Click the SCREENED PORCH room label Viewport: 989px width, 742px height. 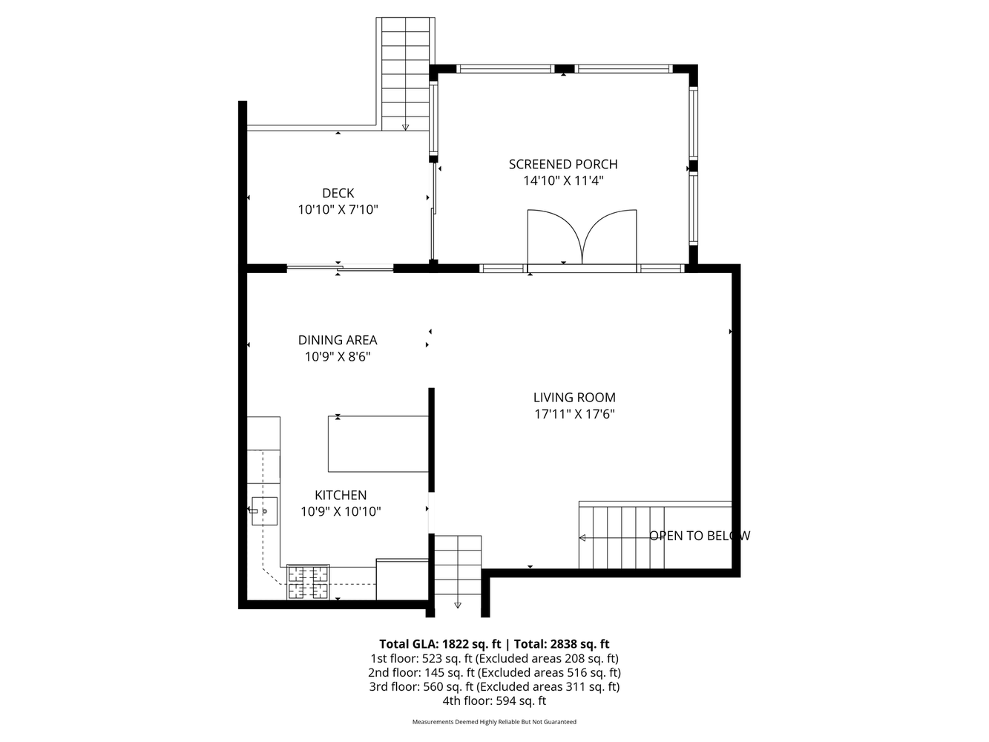pos(562,164)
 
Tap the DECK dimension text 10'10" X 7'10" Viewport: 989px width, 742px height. pos(338,210)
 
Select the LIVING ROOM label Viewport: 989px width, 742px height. pos(574,398)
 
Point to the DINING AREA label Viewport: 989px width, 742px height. pos(338,340)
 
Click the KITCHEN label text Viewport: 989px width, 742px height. pos(341,495)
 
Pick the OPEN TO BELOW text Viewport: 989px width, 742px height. pos(700,536)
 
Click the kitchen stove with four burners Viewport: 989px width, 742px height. pos(309,582)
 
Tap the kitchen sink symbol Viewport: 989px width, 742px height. pos(264,511)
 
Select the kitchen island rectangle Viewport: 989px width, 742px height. pos(378,444)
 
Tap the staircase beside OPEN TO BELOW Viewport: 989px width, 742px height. pos(622,537)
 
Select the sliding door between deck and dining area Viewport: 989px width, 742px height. pos(340,268)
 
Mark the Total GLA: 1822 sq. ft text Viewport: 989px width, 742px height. pos(438,644)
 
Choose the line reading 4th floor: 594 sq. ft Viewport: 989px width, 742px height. pos(494,700)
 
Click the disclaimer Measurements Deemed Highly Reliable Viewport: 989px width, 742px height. pos(494,722)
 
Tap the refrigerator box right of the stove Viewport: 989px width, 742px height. pos(402,580)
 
